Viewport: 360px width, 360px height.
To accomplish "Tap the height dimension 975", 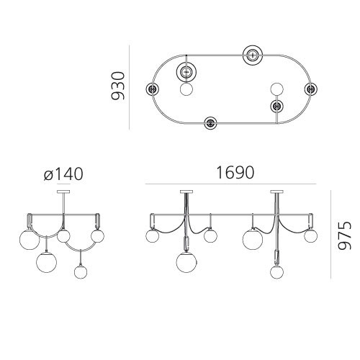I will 345,236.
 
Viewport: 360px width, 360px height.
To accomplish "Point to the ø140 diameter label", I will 63,174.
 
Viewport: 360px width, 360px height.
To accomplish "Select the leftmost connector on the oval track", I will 153,89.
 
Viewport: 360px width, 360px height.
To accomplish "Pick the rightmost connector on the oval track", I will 310,89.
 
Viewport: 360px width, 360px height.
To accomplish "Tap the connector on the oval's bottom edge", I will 210,123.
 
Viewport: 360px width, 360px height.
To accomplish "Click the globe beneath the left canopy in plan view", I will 186,90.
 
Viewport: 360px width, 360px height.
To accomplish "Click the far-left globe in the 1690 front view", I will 153,235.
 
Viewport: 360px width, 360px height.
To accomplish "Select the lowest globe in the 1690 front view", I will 276,272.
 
